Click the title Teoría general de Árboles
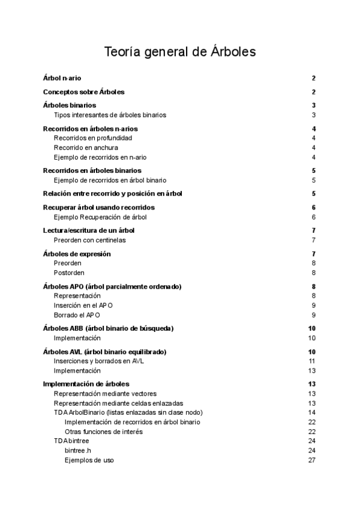(180, 52)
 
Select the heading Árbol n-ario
(62, 78)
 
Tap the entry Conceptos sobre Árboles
(84, 92)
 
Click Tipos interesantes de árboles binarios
(110, 115)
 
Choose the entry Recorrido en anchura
(86, 148)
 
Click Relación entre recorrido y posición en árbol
(113, 193)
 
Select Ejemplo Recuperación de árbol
(100, 217)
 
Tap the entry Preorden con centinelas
(90, 240)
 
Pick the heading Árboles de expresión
(77, 254)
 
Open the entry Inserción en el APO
(83, 305)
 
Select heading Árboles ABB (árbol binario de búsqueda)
(109, 328)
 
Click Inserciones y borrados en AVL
(99, 361)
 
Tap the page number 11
(312, 361)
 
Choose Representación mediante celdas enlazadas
(119, 403)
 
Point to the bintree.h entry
(78, 450)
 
